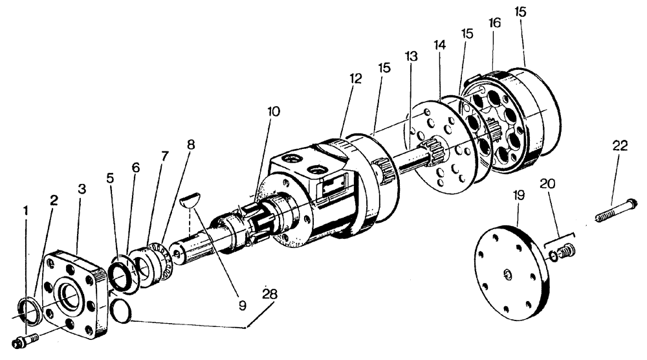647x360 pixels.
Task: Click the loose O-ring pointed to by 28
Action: click(118, 309)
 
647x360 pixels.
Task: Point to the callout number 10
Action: click(272, 111)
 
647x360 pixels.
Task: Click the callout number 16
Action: click(494, 23)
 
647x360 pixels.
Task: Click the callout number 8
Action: click(190, 144)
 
